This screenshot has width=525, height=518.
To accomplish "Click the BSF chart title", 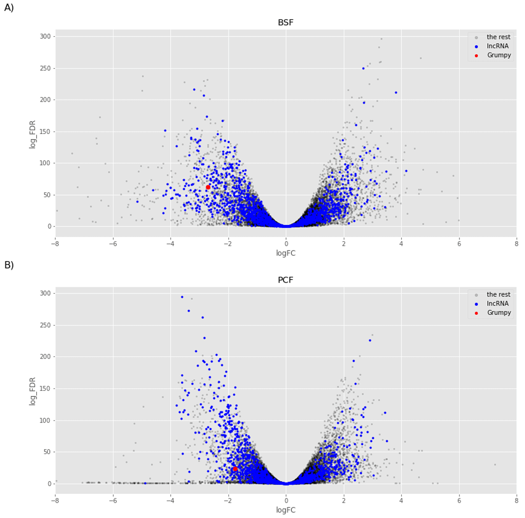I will tap(286, 23).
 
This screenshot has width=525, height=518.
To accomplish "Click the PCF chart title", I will tap(286, 280).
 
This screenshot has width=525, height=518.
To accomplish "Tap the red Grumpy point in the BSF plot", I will tap(208, 187).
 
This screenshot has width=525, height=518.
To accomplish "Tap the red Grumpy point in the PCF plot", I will tap(235, 469).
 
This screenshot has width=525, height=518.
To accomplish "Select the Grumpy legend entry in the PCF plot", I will tap(499, 312).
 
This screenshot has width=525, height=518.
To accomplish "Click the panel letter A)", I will tap(9, 8).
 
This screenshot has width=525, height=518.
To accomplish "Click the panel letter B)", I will tap(9, 265).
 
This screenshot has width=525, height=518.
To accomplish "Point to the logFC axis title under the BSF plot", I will tap(286, 254).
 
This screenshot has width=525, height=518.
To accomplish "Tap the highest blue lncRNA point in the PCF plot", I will tap(182, 297).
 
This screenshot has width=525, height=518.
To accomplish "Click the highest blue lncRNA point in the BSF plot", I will tap(363, 68).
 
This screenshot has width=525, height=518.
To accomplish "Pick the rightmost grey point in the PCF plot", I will tap(495, 465).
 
